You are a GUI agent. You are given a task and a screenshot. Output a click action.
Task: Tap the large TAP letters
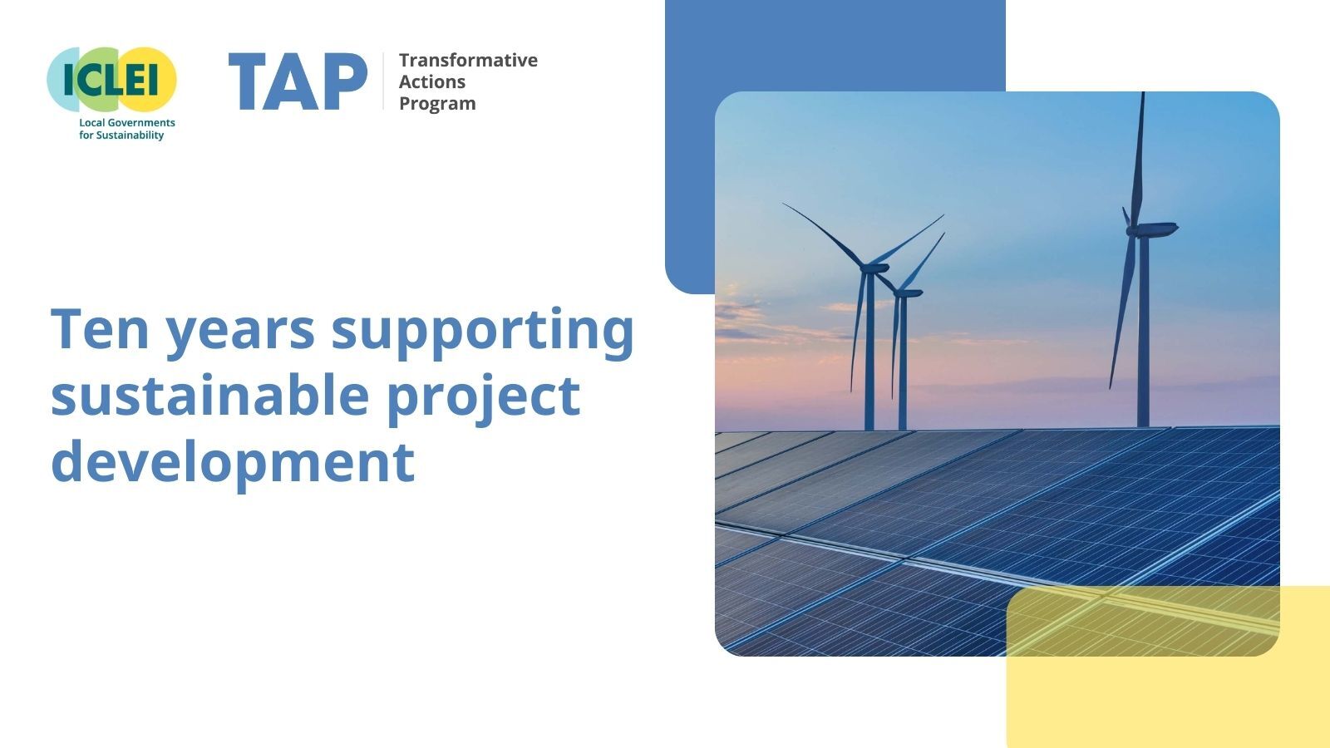click(x=298, y=81)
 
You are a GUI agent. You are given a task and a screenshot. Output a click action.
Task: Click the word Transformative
click(x=468, y=60)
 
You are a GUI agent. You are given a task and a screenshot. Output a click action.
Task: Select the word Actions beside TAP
click(x=432, y=81)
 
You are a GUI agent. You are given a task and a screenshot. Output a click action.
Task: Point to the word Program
click(x=437, y=103)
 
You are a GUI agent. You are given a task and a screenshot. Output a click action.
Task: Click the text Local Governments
click(x=127, y=122)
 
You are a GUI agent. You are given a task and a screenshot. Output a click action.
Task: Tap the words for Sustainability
click(x=121, y=135)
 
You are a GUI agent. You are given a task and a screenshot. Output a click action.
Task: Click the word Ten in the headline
click(x=100, y=328)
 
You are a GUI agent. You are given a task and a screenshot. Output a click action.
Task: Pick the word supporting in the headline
click(x=482, y=331)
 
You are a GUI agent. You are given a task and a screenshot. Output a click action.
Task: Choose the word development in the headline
click(x=233, y=462)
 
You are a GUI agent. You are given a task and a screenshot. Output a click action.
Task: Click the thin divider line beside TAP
click(x=383, y=81)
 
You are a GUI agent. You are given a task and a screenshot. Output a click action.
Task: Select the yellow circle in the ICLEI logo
click(x=153, y=79)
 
